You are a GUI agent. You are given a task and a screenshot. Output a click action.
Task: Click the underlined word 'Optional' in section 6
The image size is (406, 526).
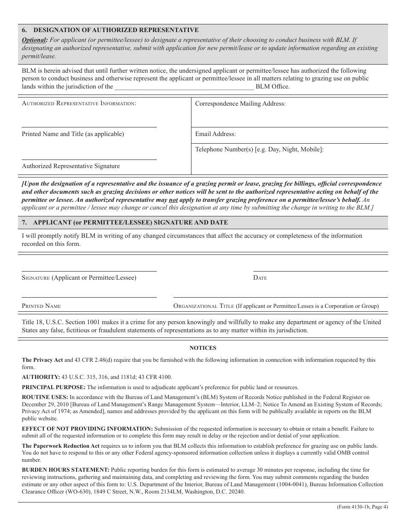35,40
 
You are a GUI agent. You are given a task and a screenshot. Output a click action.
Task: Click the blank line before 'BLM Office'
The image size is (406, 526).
184,87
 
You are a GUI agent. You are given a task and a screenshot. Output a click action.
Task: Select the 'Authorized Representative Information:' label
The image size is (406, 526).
79,103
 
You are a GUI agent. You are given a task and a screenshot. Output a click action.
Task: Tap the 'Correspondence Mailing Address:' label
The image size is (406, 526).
240,103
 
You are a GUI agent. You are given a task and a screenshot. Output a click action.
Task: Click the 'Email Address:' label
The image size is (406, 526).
215,134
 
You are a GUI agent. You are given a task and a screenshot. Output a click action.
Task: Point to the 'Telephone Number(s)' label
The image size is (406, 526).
224,149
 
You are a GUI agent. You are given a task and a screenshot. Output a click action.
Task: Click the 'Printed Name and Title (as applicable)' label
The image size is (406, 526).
73,134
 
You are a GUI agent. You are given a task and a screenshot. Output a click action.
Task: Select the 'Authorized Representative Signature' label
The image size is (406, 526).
71,166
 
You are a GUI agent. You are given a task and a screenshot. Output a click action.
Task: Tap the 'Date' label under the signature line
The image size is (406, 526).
260,278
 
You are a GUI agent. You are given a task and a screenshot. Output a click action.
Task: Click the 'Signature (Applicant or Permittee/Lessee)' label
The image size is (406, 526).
79,278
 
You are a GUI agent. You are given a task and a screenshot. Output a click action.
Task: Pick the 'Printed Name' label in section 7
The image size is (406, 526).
41,306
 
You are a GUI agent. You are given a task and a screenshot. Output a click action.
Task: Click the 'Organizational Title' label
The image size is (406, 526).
203,306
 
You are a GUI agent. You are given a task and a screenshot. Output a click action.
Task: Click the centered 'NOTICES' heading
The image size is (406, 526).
203,348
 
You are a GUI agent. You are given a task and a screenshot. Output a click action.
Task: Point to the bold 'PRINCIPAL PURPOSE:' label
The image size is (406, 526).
53,387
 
